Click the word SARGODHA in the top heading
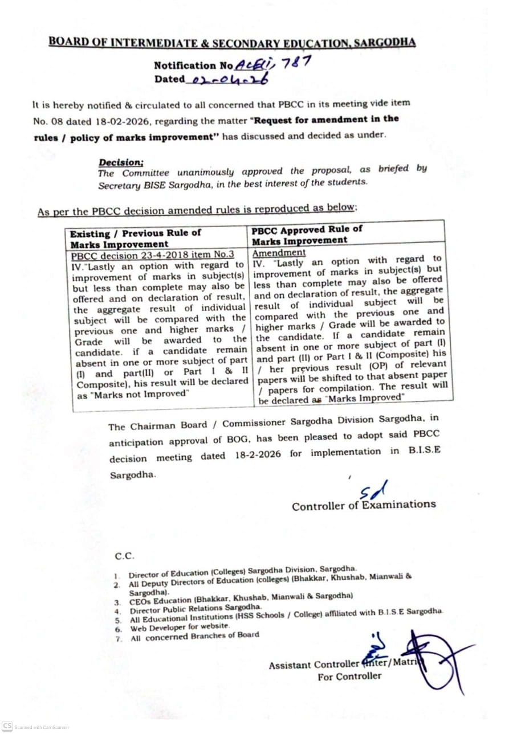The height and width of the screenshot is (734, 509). pos(384,43)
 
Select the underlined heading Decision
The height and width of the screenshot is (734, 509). pos(121,163)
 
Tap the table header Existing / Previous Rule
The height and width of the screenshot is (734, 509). pos(136,233)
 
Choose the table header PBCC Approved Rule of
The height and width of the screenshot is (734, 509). pos(307,229)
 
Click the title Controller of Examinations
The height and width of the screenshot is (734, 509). pos(364,505)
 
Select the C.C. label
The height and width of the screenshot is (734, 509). pos(125,556)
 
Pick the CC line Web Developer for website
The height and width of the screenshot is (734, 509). pos(180,627)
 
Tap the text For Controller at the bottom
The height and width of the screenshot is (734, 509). pos(350,676)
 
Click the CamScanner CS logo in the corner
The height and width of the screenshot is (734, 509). pos(7,726)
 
